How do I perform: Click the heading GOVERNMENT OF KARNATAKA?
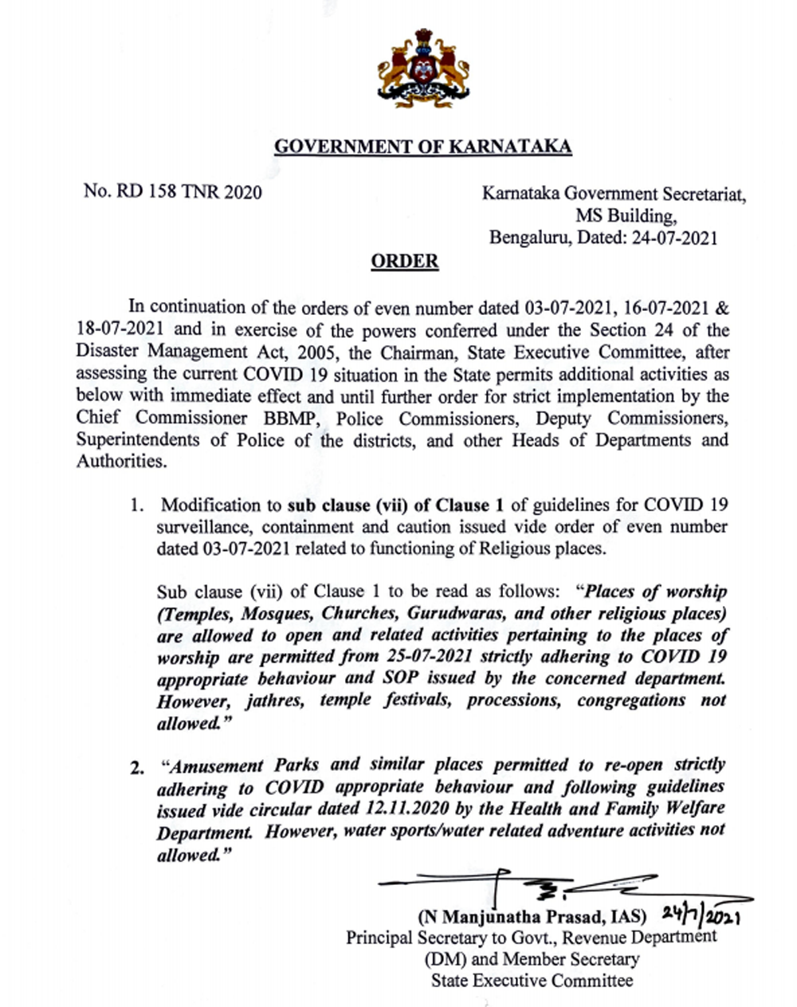pyautogui.click(x=422, y=147)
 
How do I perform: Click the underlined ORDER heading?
pyautogui.click(x=405, y=261)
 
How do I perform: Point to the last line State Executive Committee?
pyautogui.click(x=532, y=981)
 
